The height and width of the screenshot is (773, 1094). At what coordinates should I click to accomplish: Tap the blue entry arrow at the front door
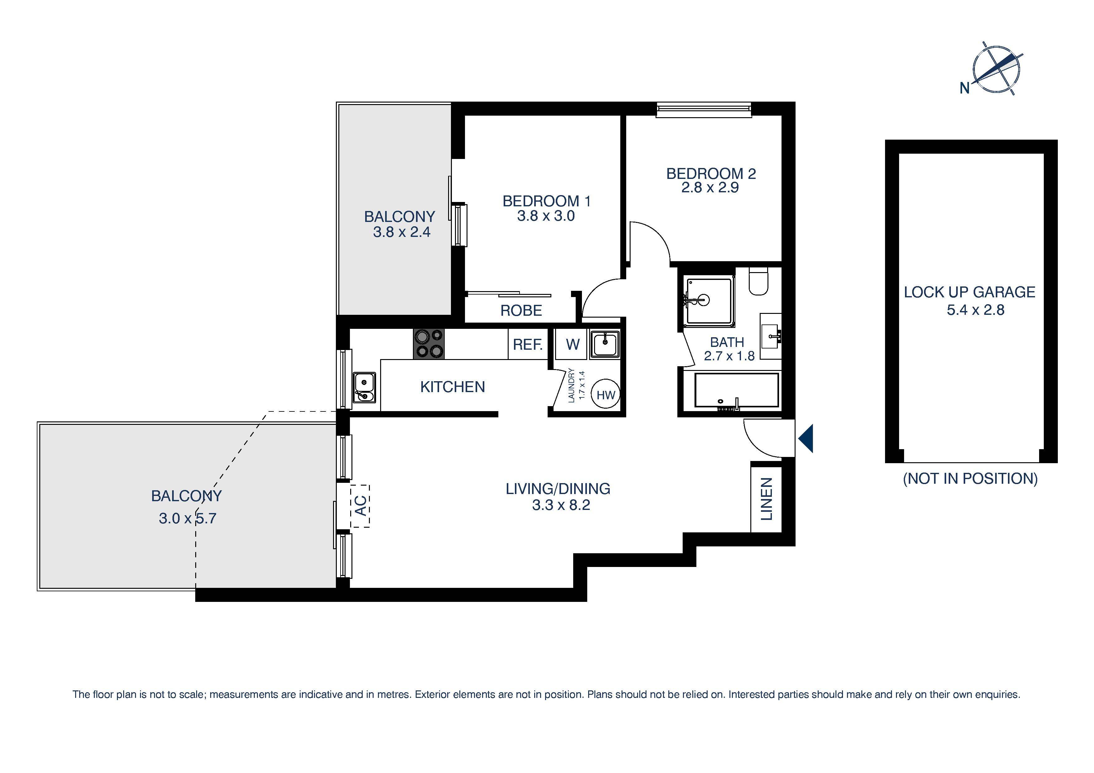coord(806,438)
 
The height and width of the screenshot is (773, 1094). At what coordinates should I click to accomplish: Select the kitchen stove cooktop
coord(429,344)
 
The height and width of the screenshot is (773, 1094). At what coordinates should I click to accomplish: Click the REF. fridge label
coord(527,344)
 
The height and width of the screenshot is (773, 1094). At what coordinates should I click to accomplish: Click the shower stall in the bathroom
coord(709,301)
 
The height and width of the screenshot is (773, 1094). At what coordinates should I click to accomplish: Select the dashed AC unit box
coord(360,506)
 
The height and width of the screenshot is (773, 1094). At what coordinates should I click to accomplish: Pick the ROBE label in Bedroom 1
coord(521,310)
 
